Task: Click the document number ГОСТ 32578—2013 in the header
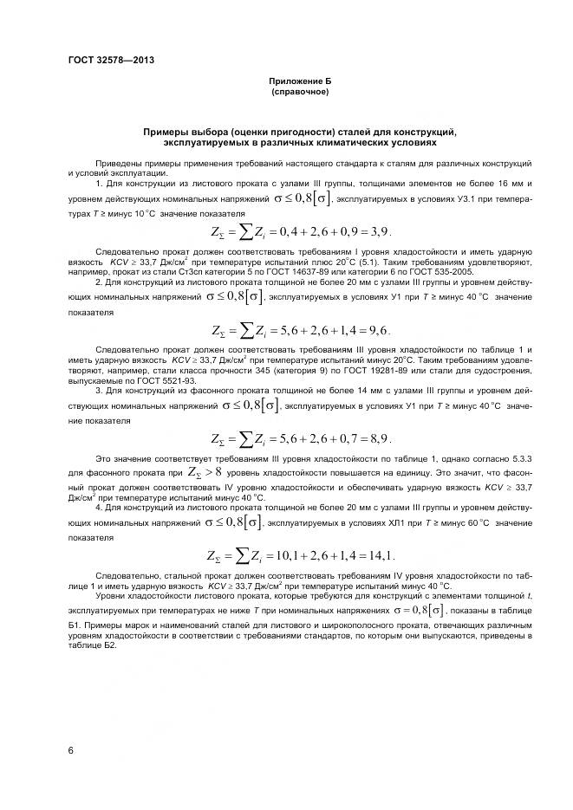(x=104, y=60)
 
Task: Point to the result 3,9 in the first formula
(x=379, y=231)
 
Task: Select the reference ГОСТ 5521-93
(x=151, y=379)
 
